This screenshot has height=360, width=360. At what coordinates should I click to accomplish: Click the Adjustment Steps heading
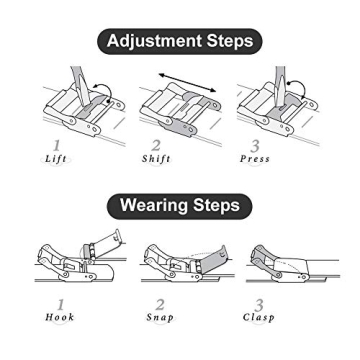click(180, 41)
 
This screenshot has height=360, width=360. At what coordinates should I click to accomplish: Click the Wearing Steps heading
click(180, 205)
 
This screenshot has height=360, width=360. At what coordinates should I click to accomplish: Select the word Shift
click(156, 159)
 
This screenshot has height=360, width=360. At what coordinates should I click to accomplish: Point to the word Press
click(255, 159)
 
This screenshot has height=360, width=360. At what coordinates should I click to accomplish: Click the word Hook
click(60, 317)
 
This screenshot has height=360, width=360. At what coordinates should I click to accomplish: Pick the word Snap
click(160, 317)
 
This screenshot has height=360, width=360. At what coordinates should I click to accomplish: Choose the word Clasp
click(259, 317)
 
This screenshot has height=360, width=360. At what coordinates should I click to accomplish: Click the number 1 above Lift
click(57, 146)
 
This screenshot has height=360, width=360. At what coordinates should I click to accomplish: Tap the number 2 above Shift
click(156, 146)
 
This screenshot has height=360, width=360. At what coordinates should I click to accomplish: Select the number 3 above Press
click(255, 146)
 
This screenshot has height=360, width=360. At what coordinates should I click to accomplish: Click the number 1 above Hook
click(61, 304)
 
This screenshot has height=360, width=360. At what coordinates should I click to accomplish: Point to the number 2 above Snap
click(160, 304)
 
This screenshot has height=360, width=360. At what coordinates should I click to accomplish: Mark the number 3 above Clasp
click(259, 305)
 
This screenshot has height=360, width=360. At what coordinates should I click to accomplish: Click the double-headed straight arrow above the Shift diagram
click(187, 82)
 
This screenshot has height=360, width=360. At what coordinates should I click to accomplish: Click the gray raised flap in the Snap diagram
click(213, 259)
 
